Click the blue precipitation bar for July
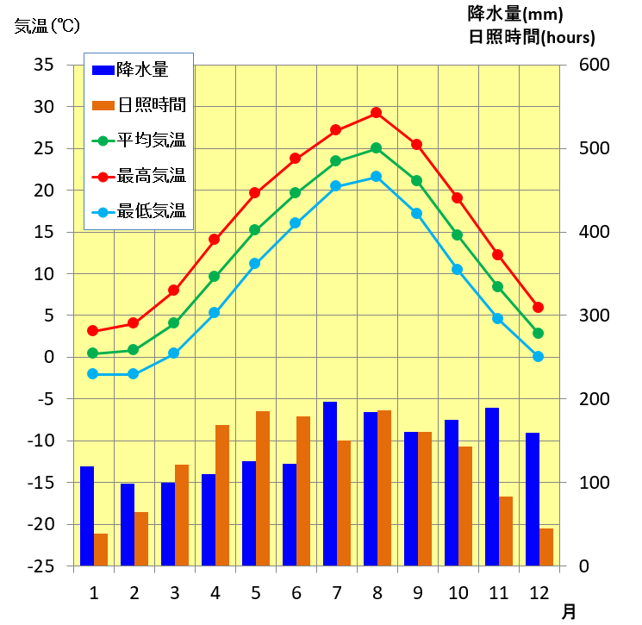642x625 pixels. coord(330,484)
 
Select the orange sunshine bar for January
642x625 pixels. coord(101,550)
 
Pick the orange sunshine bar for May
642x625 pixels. coord(263,488)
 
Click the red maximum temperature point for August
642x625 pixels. coord(376,112)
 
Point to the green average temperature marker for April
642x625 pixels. coord(215,276)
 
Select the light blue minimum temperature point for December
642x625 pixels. coord(538,356)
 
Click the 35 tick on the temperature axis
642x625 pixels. coord(42,65)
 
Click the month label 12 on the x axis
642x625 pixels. coord(538,593)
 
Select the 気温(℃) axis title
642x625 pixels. coord(47,26)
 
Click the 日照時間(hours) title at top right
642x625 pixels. coord(531,37)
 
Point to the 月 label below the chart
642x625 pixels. coord(570,611)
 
